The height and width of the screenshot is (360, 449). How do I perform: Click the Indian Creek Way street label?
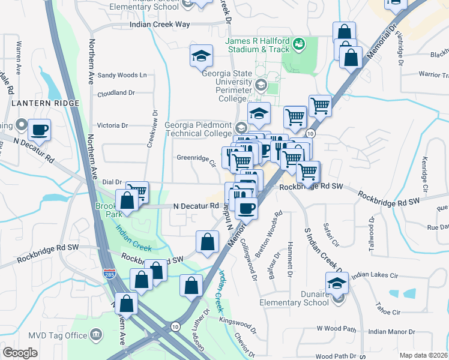[x=160, y=25]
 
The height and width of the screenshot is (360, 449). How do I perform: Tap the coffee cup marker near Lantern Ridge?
[x=40, y=130]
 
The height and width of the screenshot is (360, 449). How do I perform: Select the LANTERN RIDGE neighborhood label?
[x=45, y=104]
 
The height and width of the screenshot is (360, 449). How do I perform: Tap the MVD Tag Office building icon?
[x=95, y=334]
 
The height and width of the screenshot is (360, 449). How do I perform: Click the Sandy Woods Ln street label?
[x=122, y=76]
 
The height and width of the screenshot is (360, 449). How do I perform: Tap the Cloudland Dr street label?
[x=116, y=94]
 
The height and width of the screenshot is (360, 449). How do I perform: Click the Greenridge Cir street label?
[x=196, y=160]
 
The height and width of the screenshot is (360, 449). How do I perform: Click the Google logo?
[x=20, y=353]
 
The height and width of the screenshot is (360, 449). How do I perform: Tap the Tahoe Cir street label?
[x=388, y=312]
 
